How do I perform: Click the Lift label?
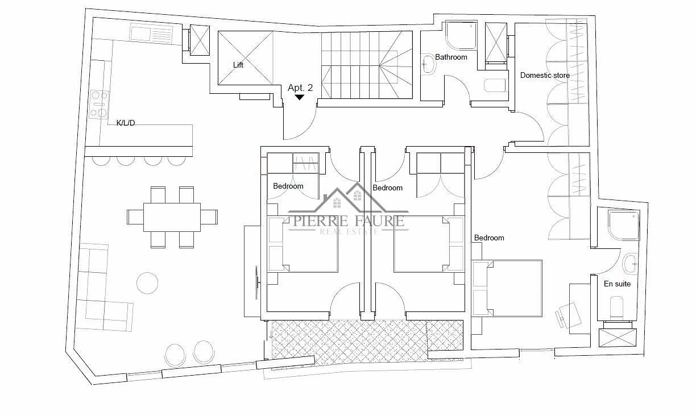pos(238,65)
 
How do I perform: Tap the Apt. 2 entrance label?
pos(300,88)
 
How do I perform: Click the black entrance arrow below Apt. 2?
pos(299,98)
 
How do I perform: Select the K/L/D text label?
pos(126,123)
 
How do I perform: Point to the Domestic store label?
pos(545,76)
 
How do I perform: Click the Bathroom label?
pos(451,57)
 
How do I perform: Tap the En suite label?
pos(617,284)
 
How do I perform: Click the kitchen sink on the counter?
pos(151,34)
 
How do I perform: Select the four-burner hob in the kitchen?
pos(99,105)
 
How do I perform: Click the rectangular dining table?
pos(172,217)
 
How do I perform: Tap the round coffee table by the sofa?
pos(147,283)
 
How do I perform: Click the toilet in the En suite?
pos(616,307)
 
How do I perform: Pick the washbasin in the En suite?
pos(631,263)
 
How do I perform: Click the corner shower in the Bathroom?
pos(461,35)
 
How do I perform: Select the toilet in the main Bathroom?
pos(495,85)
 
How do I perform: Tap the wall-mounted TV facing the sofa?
pos(256,282)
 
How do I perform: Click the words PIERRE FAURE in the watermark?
pos(349,221)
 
